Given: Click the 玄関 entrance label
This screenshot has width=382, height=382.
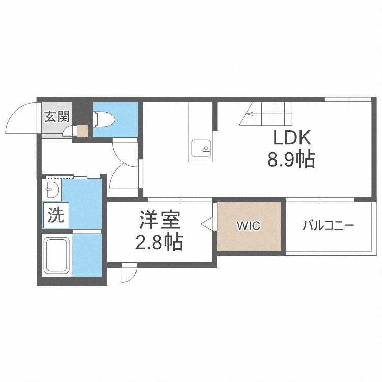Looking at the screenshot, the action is click(x=57, y=116).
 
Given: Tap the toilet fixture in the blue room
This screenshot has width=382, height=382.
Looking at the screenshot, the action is click(x=104, y=119).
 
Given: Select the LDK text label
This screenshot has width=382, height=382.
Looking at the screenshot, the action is click(x=292, y=138).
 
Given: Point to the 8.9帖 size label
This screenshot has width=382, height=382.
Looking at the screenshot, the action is click(x=291, y=159).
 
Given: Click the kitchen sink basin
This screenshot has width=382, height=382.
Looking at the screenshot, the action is click(x=201, y=148).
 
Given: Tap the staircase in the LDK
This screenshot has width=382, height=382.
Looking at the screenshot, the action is click(x=265, y=114).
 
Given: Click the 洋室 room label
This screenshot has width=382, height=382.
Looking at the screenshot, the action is click(x=159, y=220).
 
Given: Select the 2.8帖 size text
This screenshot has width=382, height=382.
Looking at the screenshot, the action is click(x=159, y=242).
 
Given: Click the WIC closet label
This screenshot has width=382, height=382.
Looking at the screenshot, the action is click(x=249, y=226).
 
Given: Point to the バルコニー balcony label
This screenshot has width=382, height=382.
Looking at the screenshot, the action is click(x=328, y=226).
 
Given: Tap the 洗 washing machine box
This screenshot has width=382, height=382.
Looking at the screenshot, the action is click(x=56, y=215).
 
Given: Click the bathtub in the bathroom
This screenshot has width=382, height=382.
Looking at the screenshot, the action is click(x=57, y=255).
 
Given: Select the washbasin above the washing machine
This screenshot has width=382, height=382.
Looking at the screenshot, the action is click(x=51, y=190).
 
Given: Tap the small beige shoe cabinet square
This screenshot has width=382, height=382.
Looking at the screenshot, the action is click(x=83, y=131).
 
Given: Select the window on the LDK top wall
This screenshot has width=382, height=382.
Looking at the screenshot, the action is click(x=348, y=99).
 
